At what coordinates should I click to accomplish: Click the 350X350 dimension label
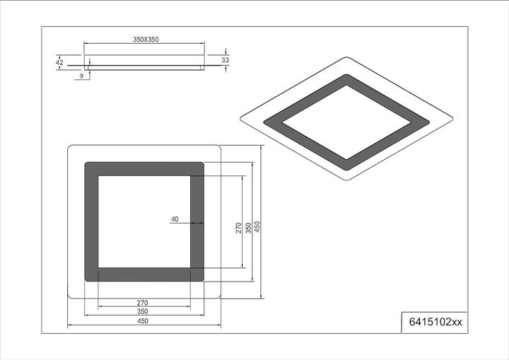(x=145, y=40)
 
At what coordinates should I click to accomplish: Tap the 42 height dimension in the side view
(x=59, y=63)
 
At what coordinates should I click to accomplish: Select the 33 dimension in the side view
(x=226, y=61)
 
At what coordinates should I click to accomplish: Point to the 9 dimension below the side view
(x=82, y=75)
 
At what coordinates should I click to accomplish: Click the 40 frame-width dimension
(x=175, y=219)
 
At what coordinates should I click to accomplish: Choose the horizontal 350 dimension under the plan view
(x=143, y=312)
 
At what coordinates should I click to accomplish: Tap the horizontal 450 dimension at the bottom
(x=143, y=321)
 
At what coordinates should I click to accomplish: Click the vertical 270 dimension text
(x=239, y=228)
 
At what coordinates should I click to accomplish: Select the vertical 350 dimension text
(x=248, y=228)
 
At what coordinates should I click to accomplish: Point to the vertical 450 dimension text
(x=258, y=228)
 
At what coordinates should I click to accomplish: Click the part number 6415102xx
(x=435, y=322)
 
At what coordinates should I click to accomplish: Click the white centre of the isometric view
(x=346, y=122)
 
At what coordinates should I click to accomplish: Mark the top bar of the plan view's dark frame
(x=144, y=169)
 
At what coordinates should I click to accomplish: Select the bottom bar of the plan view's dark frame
(x=144, y=274)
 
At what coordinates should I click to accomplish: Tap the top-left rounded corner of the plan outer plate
(x=70, y=149)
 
